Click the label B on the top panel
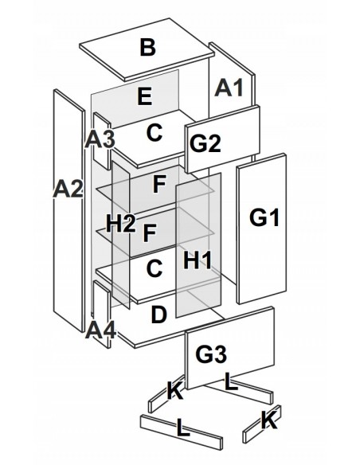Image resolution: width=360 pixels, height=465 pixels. (147, 48)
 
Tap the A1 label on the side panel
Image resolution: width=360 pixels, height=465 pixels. (229, 88)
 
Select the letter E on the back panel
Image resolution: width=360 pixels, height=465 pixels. (145, 96)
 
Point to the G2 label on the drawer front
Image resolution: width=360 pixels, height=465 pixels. (205, 143)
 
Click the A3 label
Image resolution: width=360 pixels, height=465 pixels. (100, 139)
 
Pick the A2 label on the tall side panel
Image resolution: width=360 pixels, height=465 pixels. (68, 189)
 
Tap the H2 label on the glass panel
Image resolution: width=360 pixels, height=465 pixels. (121, 224)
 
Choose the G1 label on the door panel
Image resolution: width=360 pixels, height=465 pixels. (264, 217)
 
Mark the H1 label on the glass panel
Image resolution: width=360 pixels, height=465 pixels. (198, 260)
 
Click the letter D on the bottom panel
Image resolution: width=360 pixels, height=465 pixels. (159, 315)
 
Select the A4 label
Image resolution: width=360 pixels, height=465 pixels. (100, 330)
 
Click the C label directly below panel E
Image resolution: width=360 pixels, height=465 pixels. (155, 132)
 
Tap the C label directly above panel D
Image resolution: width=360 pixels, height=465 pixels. (155, 268)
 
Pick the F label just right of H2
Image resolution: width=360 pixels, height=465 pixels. (150, 233)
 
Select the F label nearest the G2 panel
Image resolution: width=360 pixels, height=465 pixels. (159, 184)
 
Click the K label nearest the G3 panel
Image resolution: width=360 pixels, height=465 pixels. (175, 391)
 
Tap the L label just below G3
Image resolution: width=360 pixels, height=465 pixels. (231, 381)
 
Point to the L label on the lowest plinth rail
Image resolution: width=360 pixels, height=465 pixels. (183, 428)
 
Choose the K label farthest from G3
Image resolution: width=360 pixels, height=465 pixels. (269, 420)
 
